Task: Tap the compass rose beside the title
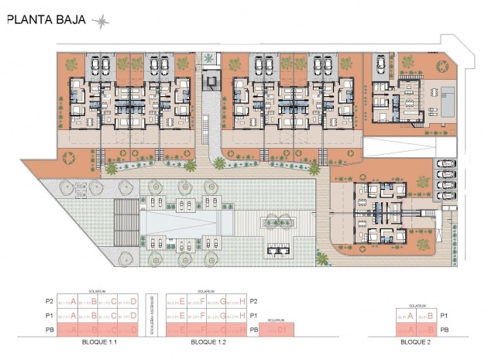[x=100, y=21]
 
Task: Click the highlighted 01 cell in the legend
[x=277, y=331]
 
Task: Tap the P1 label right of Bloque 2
[x=444, y=316]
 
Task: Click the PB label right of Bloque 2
[x=444, y=330]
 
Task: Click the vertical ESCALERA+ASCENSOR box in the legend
[x=153, y=315]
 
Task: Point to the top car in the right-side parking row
[x=447, y=163]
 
